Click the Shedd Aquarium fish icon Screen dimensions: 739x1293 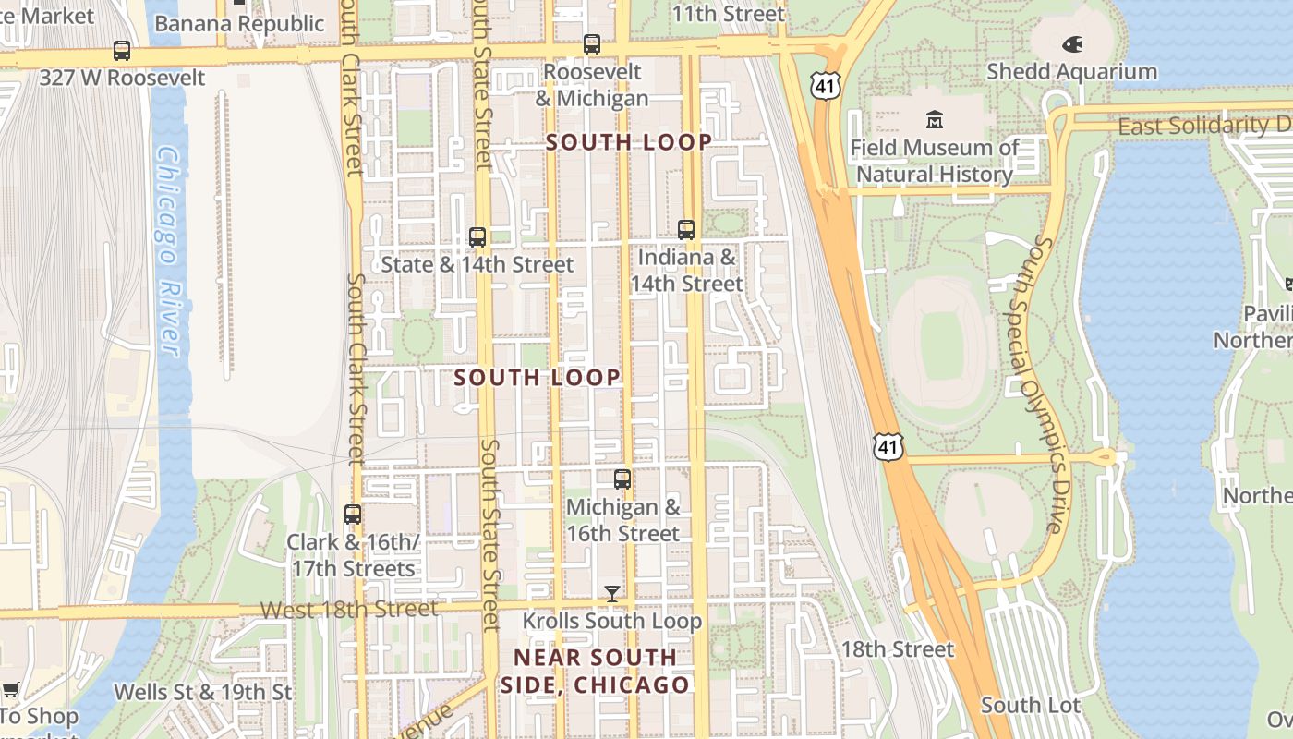click(1072, 43)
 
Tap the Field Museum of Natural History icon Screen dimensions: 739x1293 click(935, 119)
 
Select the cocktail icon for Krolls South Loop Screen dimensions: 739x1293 click(612, 593)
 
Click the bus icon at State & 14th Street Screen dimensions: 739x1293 click(477, 236)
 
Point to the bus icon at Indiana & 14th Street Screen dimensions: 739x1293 click(686, 229)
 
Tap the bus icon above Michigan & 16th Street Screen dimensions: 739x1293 click(622, 479)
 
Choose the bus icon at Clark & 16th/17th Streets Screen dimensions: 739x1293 click(353, 514)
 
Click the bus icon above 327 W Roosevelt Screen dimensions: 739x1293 click(122, 50)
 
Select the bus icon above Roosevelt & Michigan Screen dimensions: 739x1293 click(592, 43)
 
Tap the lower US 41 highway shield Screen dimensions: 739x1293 click(888, 446)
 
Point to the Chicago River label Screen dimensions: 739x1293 click(167, 249)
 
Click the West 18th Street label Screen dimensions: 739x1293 click(349, 610)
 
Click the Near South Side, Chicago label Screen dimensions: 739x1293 click(596, 672)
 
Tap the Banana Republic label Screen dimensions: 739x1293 click(239, 23)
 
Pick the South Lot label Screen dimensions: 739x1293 click(1031, 706)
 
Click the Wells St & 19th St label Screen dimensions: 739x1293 click(202, 692)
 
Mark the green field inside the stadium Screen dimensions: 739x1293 click(941, 336)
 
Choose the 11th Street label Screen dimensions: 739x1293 click(728, 14)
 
